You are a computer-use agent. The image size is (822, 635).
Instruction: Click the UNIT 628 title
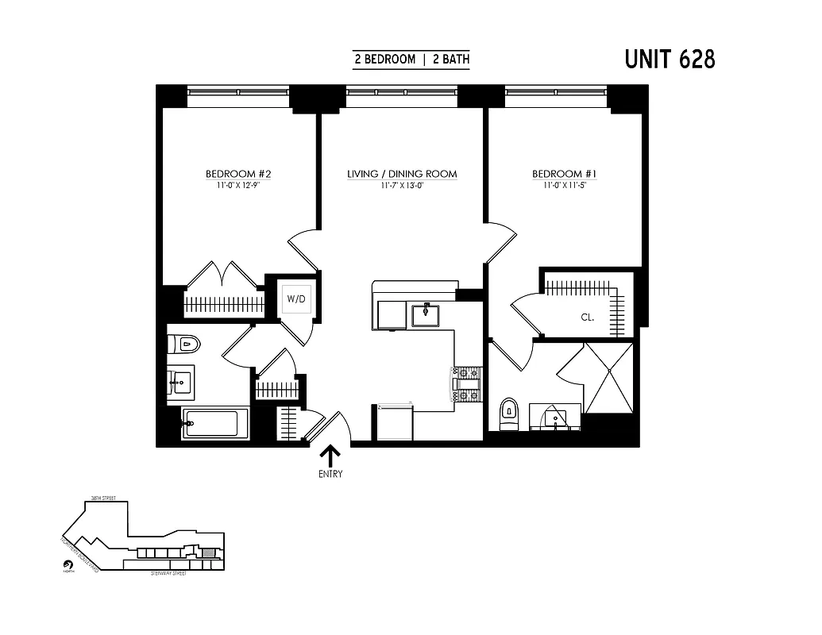(x=670, y=60)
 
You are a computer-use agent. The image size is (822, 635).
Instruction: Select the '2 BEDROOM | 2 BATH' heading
(x=411, y=60)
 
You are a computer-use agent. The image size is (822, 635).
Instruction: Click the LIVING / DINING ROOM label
(x=402, y=174)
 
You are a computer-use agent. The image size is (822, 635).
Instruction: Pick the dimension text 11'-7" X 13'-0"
(x=402, y=186)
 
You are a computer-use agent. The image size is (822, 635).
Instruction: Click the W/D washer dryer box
(x=296, y=299)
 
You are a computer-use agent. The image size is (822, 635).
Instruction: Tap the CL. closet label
(x=588, y=317)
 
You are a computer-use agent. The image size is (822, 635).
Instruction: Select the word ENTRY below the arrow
(x=330, y=475)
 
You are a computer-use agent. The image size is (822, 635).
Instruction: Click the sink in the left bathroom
(x=180, y=383)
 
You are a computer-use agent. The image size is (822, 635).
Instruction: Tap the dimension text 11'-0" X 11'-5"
(x=564, y=186)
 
